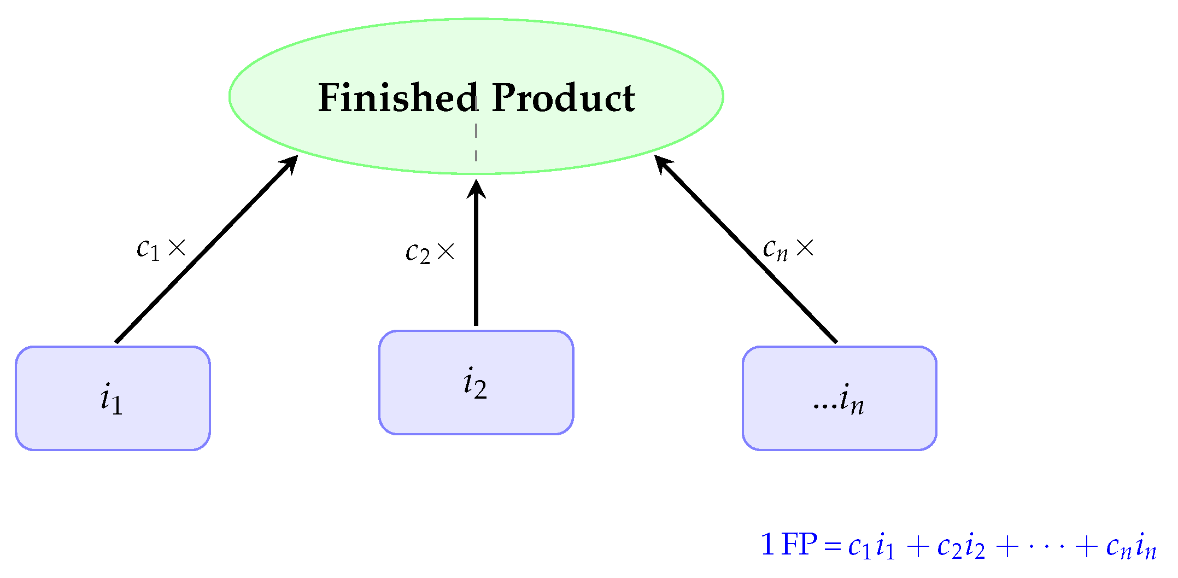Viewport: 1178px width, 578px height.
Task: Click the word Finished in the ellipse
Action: click(398, 98)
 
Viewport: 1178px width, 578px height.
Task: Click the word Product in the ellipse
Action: click(563, 98)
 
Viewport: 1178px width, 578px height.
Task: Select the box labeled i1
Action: click(113, 398)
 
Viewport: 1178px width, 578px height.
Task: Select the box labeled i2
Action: click(476, 382)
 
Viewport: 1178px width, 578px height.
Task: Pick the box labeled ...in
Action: click(839, 398)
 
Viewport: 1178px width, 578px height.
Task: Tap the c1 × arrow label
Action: click(161, 249)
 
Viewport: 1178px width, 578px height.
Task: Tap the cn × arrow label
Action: click(788, 249)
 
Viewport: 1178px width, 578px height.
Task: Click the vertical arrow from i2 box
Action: click(476, 257)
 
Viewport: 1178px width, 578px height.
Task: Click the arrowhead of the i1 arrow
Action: click(290, 164)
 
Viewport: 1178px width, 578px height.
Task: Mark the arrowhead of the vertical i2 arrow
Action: click(476, 189)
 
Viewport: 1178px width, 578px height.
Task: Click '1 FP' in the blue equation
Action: click(789, 545)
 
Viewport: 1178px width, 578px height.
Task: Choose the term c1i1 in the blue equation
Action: click(871, 546)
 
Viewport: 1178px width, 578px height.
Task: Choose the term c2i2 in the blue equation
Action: click(961, 546)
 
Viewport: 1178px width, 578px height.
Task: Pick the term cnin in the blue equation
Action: click(1131, 546)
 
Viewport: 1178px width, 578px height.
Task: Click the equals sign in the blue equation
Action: click(832, 546)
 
